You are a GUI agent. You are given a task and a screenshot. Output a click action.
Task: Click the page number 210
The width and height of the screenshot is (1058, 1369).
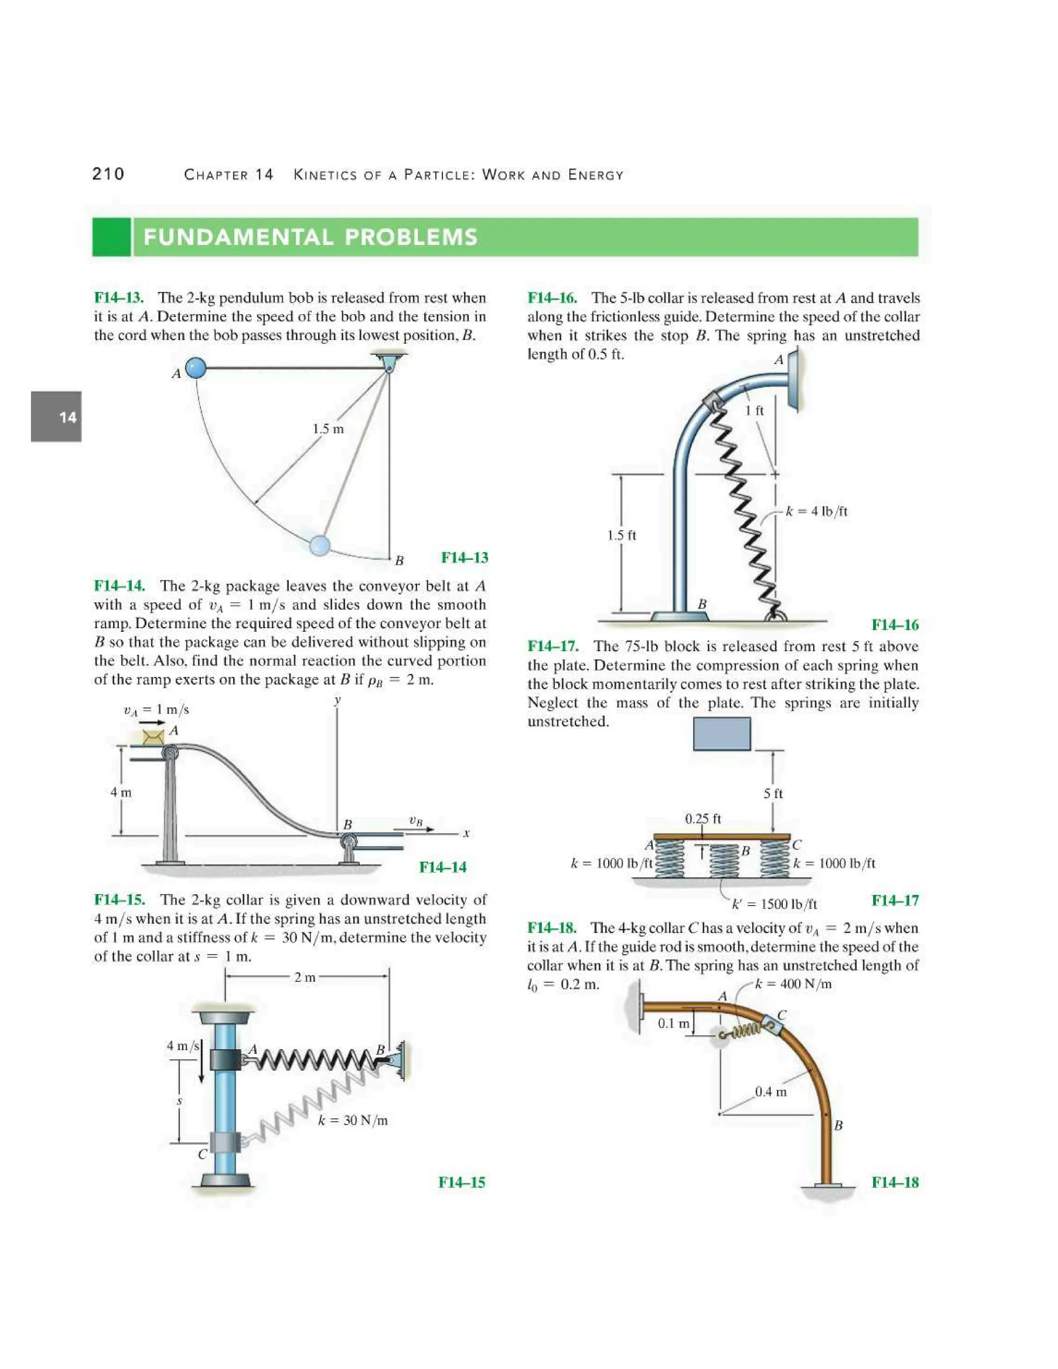[x=108, y=174]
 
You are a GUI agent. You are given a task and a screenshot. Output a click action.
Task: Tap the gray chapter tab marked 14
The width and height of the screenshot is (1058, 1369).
[x=56, y=417]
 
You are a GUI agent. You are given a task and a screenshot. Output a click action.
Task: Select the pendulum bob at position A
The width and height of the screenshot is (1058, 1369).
[x=196, y=367]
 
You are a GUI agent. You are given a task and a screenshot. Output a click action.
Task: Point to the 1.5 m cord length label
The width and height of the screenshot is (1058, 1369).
[x=329, y=429]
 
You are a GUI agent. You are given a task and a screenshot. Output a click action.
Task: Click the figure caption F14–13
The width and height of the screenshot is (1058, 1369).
[x=464, y=557]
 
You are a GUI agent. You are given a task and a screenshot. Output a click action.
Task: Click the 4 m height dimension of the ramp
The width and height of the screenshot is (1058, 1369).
[x=121, y=792]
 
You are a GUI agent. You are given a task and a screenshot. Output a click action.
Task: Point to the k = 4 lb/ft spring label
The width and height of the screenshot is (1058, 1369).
[x=816, y=511]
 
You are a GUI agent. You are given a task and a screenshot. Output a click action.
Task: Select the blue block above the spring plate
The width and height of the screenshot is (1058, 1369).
[x=721, y=734]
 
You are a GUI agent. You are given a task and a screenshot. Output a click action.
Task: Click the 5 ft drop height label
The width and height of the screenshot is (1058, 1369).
[x=773, y=794]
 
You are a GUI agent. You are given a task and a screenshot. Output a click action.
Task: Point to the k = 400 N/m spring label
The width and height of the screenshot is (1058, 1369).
[x=793, y=984]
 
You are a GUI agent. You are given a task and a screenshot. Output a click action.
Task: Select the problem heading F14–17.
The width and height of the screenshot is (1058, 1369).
[x=552, y=646]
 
